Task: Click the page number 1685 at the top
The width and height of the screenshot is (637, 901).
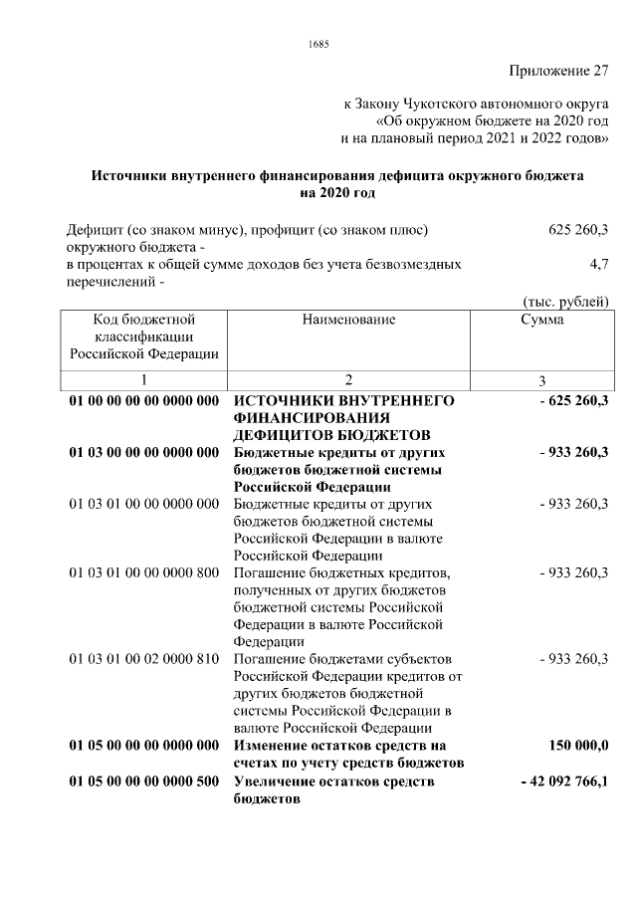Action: pyautogui.click(x=318, y=43)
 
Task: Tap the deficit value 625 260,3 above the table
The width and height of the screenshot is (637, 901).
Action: pyautogui.click(x=578, y=230)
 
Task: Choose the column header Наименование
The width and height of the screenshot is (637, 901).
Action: pyautogui.click(x=348, y=320)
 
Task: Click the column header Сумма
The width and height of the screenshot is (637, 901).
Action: pyautogui.click(x=542, y=320)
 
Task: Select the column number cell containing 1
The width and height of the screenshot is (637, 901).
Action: pyautogui.click(x=143, y=380)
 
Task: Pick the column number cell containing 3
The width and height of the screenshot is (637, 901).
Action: pyautogui.click(x=542, y=380)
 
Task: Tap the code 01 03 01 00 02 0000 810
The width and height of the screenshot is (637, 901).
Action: pyautogui.click(x=143, y=659)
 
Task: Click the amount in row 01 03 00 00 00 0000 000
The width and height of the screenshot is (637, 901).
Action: pyautogui.click(x=572, y=452)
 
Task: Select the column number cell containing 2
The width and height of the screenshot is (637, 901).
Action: pyautogui.click(x=348, y=380)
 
